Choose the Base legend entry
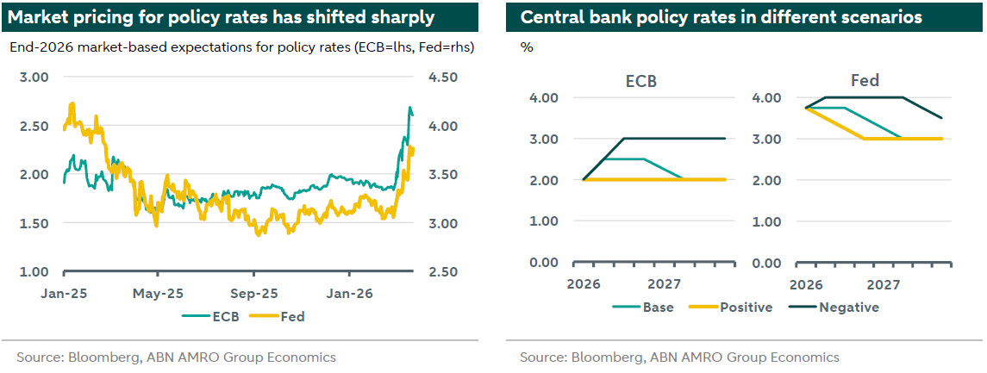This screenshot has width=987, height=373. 658,307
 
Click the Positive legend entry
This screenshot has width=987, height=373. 747,307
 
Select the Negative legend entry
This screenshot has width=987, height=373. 848,307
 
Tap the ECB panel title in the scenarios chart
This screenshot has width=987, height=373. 642,81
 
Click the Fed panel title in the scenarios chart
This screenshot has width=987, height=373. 865,81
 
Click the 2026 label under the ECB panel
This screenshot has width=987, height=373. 583,284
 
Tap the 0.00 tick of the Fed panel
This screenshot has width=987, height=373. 768,262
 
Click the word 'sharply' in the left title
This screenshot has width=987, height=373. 403,17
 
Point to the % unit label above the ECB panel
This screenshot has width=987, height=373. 527,47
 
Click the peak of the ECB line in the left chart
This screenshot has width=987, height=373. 409,107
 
